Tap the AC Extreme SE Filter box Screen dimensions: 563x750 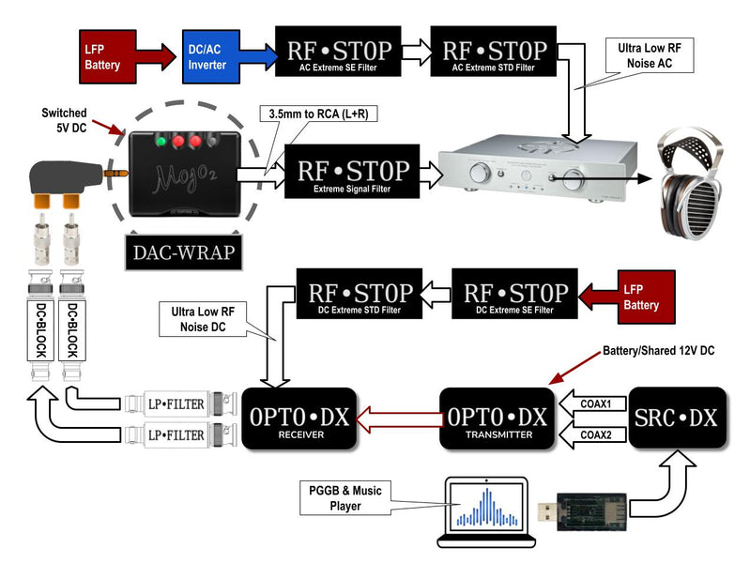[x=336, y=50]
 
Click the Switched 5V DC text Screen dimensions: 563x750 [x=65, y=120]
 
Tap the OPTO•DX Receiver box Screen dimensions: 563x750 [x=298, y=419]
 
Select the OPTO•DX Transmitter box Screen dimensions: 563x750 [x=493, y=419]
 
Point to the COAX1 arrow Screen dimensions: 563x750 [x=592, y=403]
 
